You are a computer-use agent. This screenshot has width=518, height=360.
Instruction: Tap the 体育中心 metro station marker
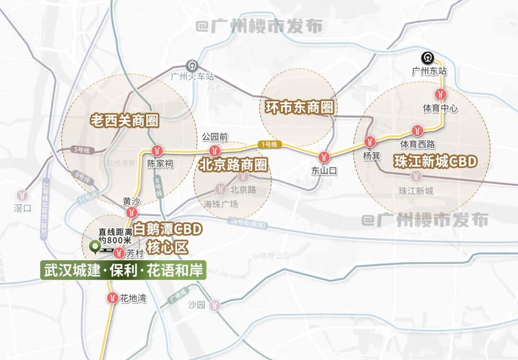pyautogui.click(x=441, y=94)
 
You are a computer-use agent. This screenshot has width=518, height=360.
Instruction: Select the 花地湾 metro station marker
pyautogui.click(x=112, y=298)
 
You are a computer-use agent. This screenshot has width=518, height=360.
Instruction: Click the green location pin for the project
pyautogui.click(x=94, y=248)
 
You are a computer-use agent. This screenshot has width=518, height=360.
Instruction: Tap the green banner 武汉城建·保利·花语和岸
pyautogui.click(x=123, y=270)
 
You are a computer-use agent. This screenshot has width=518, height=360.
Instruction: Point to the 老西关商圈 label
pyautogui.click(x=124, y=120)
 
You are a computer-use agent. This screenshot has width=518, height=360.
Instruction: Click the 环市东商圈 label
pyautogui.click(x=299, y=106)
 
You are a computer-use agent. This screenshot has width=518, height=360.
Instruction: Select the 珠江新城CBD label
pyautogui.click(x=436, y=161)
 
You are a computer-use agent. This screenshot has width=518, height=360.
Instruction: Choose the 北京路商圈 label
pyautogui.click(x=233, y=166)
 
